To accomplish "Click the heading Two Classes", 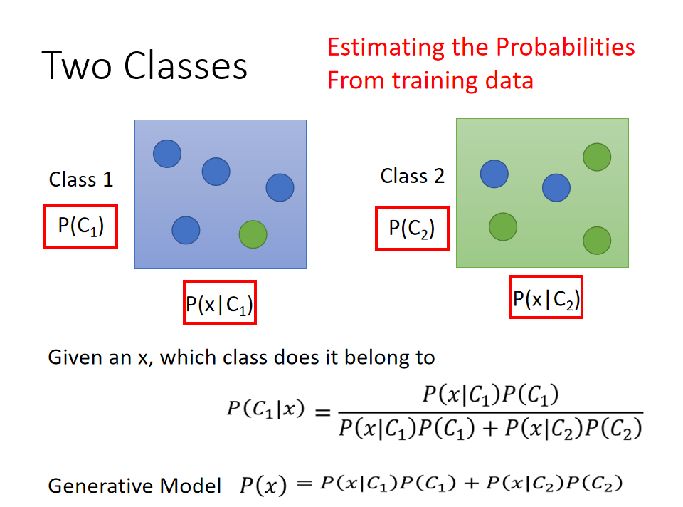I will pyautogui.click(x=145, y=66).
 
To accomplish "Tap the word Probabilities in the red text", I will pyautogui.click(x=565, y=47).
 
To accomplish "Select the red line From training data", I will pyautogui.click(x=430, y=80).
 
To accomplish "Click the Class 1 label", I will pyautogui.click(x=81, y=179).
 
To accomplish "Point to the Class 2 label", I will pyautogui.click(x=413, y=176).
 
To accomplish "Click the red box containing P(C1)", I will pyautogui.click(x=80, y=226).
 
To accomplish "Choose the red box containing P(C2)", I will pyautogui.click(x=412, y=229).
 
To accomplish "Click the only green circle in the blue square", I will pyautogui.click(x=253, y=234).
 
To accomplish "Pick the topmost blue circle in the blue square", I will pyautogui.click(x=167, y=153).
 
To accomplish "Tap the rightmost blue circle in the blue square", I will pyautogui.click(x=280, y=187).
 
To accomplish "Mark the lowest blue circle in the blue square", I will pyautogui.click(x=186, y=230).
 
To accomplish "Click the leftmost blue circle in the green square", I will pyautogui.click(x=494, y=174).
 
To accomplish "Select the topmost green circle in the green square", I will pyautogui.click(x=597, y=157).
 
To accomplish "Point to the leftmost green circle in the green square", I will pyautogui.click(x=503, y=226).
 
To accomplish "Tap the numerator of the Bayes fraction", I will pyautogui.click(x=490, y=394).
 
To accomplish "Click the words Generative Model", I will pyautogui.click(x=134, y=486).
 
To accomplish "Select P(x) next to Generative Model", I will pyautogui.click(x=263, y=486).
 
